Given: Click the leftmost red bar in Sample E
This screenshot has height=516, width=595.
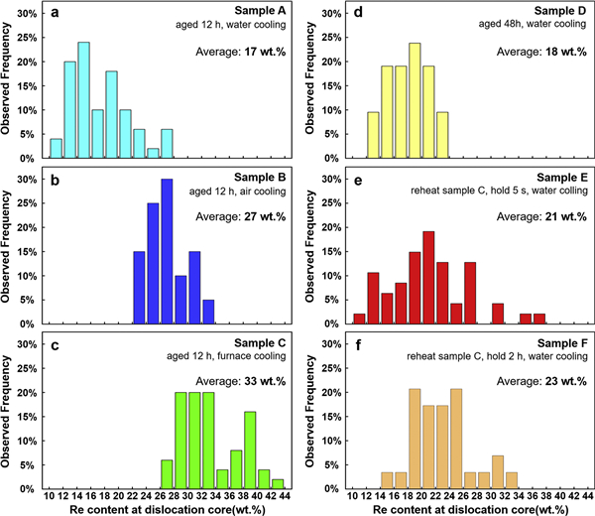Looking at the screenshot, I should coord(359,318).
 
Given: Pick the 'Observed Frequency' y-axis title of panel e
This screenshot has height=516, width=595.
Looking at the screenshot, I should coord(312,243).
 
